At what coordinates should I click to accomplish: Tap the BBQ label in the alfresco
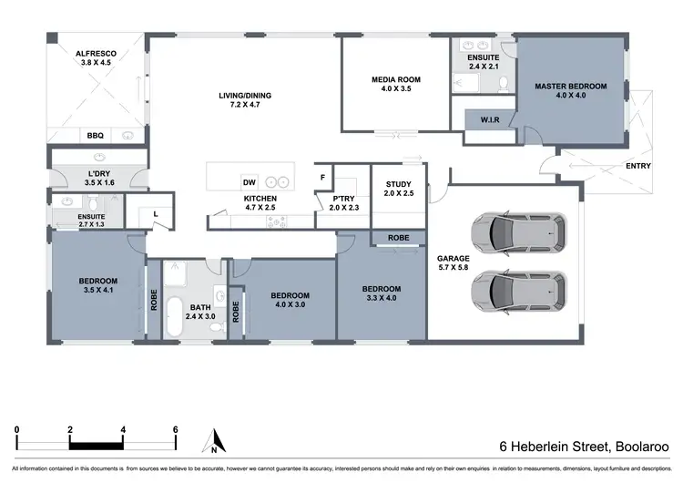tap(95, 135)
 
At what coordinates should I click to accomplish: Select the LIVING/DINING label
tap(245, 97)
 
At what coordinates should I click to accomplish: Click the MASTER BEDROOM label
tap(570, 87)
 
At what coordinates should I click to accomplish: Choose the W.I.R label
tap(480, 119)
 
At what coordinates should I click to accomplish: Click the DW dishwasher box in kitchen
tap(248, 180)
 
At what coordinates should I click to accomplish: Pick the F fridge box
tap(321, 177)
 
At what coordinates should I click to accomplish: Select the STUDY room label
tap(398, 185)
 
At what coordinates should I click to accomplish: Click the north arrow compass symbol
tap(212, 441)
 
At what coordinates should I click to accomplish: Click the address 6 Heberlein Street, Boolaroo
tap(584, 447)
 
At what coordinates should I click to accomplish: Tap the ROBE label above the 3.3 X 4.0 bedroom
tap(398, 238)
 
